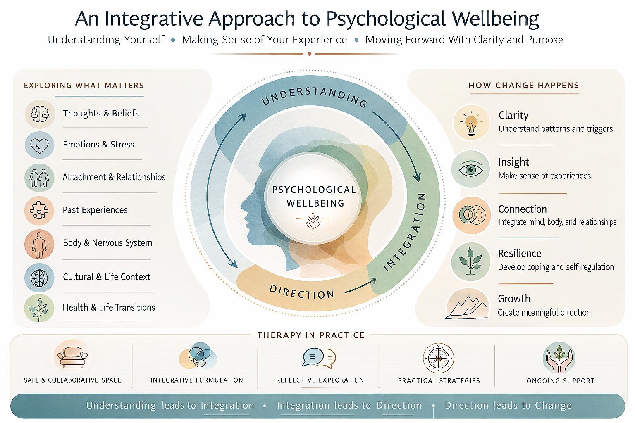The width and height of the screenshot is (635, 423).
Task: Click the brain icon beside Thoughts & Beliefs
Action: pyautogui.click(x=40, y=114)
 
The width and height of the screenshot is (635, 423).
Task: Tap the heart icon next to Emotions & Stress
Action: pyautogui.click(x=40, y=145)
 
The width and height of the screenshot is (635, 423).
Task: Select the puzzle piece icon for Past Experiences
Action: pyautogui.click(x=39, y=211)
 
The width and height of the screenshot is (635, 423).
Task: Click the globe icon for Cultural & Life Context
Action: pyautogui.click(x=39, y=278)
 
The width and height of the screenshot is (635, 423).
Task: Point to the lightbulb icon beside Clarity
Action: pyautogui.click(x=471, y=124)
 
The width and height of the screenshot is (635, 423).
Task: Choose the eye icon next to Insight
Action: pyautogui.click(x=471, y=169)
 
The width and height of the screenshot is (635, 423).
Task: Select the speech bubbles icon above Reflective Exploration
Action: pyautogui.click(x=319, y=358)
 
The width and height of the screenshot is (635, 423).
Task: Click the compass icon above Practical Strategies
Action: pyautogui.click(x=439, y=358)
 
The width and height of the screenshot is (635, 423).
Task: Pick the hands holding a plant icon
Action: pyautogui.click(x=559, y=358)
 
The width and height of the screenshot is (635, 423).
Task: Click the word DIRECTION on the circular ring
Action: pyautogui.click(x=302, y=292)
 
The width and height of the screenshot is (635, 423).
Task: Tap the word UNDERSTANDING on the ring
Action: pyautogui.click(x=314, y=95)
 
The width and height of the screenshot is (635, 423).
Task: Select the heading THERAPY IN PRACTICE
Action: pyautogui.click(x=311, y=335)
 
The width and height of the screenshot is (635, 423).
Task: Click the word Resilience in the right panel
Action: pyautogui.click(x=520, y=253)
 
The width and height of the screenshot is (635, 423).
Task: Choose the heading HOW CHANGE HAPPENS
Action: pyautogui.click(x=524, y=85)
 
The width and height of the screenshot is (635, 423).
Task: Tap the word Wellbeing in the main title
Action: pyautogui.click(x=495, y=19)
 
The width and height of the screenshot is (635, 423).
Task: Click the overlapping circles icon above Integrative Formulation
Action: pyautogui.click(x=198, y=356)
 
